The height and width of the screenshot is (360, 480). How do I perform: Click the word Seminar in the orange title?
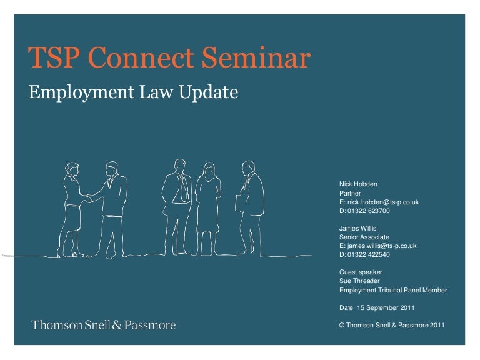click(x=256, y=57)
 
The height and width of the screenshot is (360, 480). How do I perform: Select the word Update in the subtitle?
click(x=209, y=92)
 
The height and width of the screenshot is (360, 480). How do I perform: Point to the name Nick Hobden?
click(x=358, y=184)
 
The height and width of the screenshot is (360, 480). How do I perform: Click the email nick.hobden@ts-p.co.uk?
click(x=383, y=202)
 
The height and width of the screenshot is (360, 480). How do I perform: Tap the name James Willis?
click(x=358, y=228)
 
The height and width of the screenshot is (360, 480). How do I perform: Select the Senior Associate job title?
click(x=364, y=237)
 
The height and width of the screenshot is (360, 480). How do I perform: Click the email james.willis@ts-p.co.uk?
click(x=382, y=246)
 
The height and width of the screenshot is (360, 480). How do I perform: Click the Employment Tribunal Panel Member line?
click(x=393, y=290)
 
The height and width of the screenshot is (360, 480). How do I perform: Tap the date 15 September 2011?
click(x=386, y=307)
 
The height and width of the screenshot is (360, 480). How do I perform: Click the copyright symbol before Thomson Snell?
click(x=342, y=326)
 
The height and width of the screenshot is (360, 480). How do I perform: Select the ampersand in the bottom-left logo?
click(x=117, y=325)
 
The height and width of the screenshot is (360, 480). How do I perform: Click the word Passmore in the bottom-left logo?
click(x=150, y=325)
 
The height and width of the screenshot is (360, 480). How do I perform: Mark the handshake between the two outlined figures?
click(x=89, y=199)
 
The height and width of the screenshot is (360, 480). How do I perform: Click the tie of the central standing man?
click(x=184, y=187)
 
